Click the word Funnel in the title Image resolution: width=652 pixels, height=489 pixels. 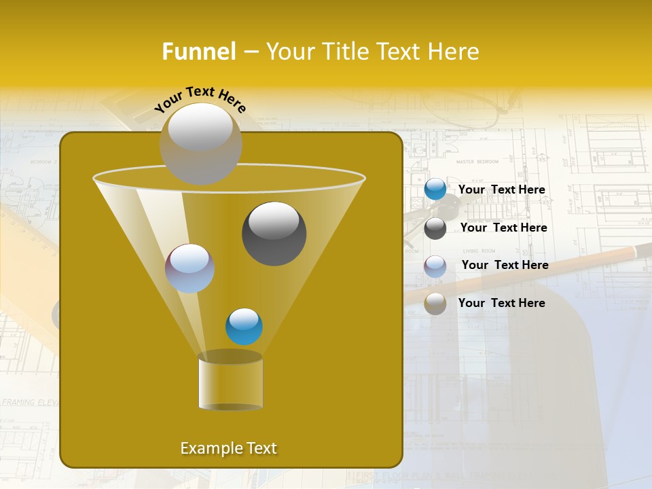pyautogui.click(x=198, y=52)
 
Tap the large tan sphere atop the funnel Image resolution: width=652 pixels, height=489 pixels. pyautogui.click(x=200, y=143)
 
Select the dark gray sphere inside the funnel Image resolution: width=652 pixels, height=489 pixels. pyautogui.click(x=274, y=234)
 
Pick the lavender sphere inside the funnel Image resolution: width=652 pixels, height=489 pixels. pyautogui.click(x=189, y=268)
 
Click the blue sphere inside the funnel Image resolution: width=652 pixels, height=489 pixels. pyautogui.click(x=244, y=326)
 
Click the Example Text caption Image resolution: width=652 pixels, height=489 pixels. pyautogui.click(x=228, y=448)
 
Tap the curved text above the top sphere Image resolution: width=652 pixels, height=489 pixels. pyautogui.click(x=200, y=99)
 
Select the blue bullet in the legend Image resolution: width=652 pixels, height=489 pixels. pyautogui.click(x=435, y=189)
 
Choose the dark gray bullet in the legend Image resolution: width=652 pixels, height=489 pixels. pyautogui.click(x=435, y=228)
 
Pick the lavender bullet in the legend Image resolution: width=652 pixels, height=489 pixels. pyautogui.click(x=435, y=266)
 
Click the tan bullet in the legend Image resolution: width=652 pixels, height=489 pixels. pyautogui.click(x=435, y=304)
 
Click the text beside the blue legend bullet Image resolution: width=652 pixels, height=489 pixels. pyautogui.click(x=502, y=190)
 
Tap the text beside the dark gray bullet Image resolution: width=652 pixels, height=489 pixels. pyautogui.click(x=503, y=228)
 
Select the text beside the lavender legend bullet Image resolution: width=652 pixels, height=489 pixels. pyautogui.click(x=505, y=266)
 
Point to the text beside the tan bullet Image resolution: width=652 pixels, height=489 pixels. pyautogui.click(x=502, y=303)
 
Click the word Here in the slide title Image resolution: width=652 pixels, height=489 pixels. pyautogui.click(x=454, y=52)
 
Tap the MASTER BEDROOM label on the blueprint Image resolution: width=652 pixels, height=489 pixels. pyautogui.click(x=477, y=162)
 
